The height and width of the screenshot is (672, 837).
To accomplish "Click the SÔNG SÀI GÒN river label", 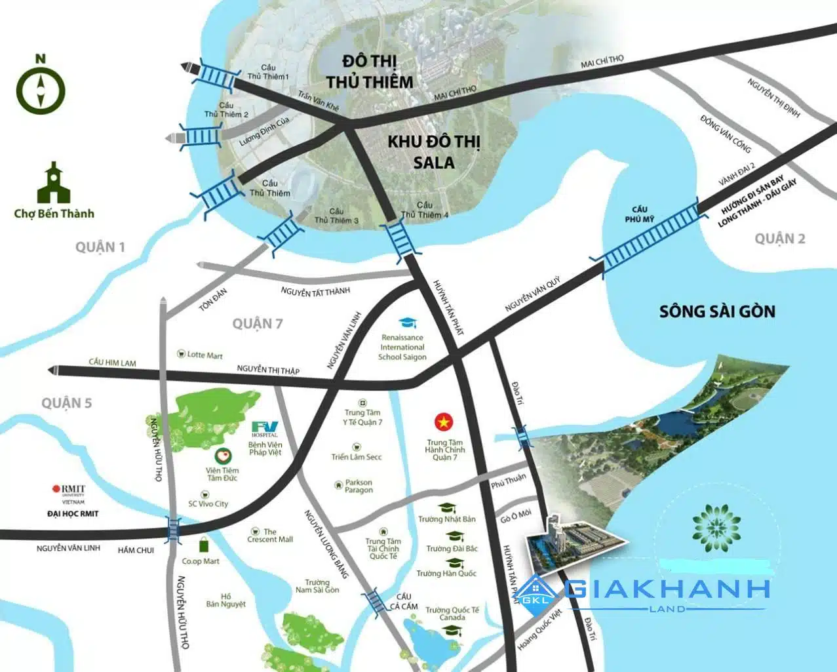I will pos(717,311).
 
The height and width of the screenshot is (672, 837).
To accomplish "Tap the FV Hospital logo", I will pos(265,427).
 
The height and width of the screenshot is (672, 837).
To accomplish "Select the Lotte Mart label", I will pos(204,355).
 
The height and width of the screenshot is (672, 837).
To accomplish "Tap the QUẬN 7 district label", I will pos(258,323).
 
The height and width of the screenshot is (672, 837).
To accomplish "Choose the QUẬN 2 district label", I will pos(779,239).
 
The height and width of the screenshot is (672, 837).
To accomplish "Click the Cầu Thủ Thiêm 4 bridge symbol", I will pos(400,241).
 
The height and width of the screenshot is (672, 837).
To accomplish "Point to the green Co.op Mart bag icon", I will pos(204,545).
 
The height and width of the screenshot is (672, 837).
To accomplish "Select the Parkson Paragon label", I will pos(359,486).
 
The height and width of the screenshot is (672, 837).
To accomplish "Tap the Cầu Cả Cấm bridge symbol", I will pos(374,601).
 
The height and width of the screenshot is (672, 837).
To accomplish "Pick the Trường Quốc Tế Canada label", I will pos(452,614).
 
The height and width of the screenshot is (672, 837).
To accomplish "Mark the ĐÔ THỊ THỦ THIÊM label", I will pos(378,71).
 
